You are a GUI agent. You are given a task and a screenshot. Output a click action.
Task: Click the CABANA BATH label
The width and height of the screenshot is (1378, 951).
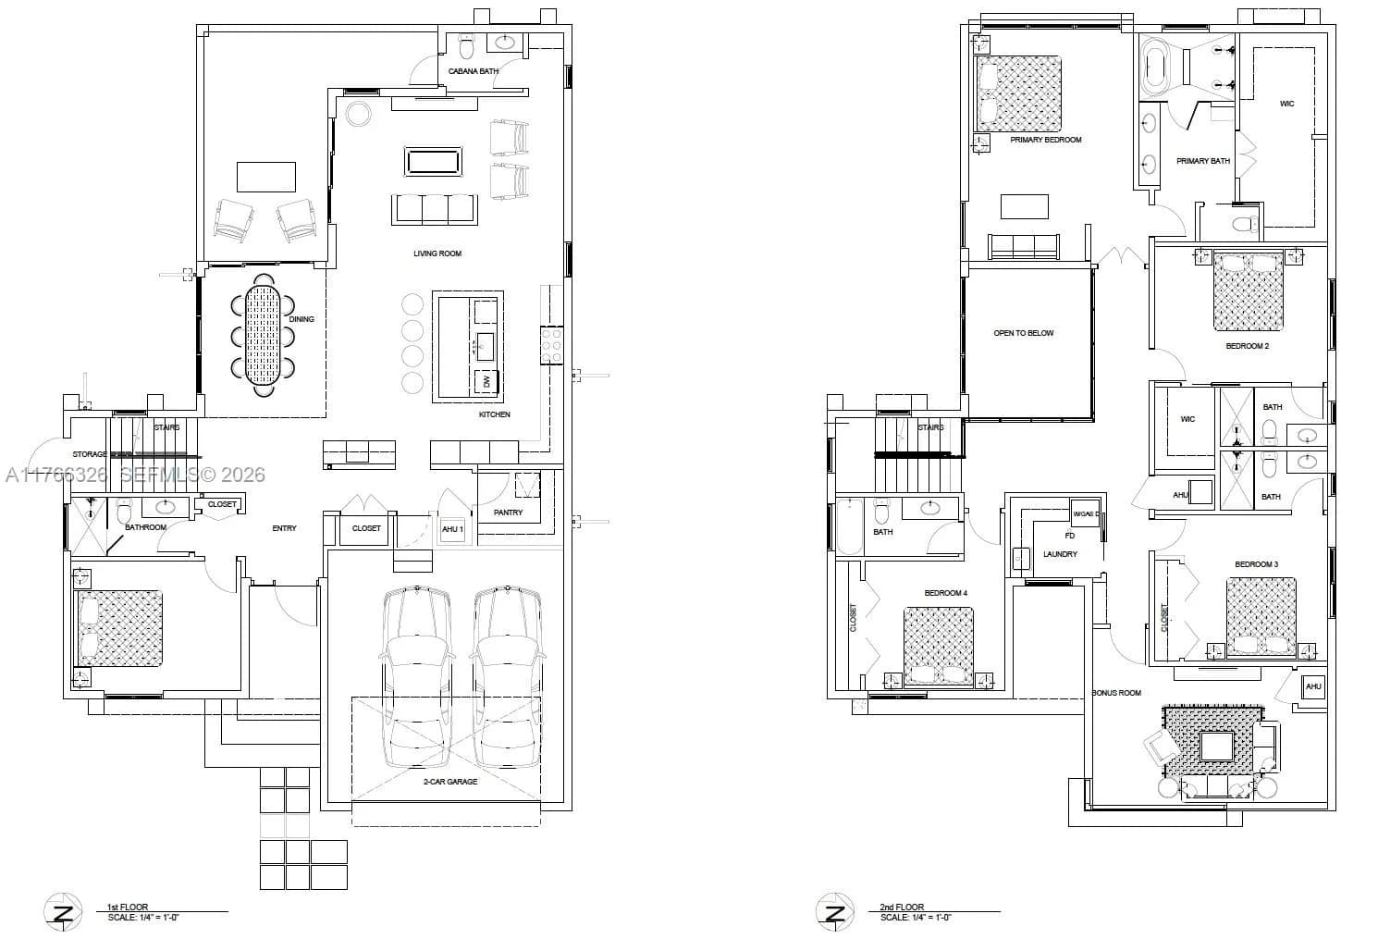click(474, 71)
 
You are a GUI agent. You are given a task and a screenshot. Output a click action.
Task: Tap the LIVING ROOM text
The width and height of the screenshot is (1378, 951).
click(437, 253)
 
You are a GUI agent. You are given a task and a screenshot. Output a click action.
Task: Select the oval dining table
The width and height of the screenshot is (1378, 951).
click(263, 334)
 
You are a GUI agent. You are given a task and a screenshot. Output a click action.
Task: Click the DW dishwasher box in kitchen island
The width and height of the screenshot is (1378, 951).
click(486, 381)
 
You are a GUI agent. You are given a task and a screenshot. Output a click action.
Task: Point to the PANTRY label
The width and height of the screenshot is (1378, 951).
click(508, 513)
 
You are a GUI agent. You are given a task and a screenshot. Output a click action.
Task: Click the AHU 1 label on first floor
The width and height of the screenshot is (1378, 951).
click(452, 529)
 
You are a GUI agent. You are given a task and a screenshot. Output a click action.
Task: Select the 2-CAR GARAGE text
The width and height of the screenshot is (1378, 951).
click(450, 782)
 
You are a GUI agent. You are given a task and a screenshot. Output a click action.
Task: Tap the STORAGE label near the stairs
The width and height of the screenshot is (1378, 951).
click(90, 454)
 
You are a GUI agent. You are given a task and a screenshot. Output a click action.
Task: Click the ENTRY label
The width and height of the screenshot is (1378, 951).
click(284, 528)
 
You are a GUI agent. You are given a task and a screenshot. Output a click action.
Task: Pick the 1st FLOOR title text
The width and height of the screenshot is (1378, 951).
click(128, 908)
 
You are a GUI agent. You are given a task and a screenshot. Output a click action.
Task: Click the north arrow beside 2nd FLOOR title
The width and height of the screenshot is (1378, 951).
click(834, 913)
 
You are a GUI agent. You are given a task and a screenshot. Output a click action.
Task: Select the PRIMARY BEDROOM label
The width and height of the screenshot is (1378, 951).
click(1045, 141)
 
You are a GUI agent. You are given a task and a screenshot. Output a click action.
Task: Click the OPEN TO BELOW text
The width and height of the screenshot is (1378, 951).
click(1024, 333)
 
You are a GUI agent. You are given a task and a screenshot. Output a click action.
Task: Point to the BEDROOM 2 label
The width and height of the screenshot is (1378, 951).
click(1247, 346)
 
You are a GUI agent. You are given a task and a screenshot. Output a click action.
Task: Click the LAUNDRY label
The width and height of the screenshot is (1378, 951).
click(1060, 554)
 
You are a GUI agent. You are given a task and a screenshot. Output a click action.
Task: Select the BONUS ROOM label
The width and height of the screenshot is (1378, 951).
click(1116, 693)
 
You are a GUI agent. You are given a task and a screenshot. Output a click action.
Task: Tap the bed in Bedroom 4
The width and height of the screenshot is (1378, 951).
click(939, 645)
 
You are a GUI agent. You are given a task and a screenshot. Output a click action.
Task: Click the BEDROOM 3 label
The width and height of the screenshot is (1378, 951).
click(1256, 564)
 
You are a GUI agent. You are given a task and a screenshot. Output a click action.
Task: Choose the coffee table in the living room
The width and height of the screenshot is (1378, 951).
click(433, 161)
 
